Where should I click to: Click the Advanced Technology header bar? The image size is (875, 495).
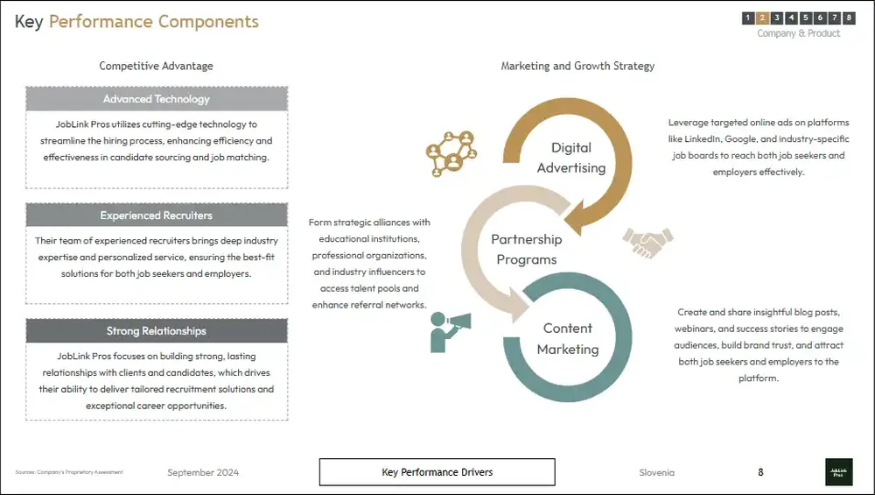[157, 99]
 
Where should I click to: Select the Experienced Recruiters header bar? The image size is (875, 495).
[157, 216]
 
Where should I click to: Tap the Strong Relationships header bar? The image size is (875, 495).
[157, 331]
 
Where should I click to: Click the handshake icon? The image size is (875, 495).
[647, 241]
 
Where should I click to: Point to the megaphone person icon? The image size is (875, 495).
[450, 330]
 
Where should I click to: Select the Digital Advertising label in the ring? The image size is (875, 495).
[571, 158]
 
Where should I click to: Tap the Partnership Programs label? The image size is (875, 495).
[527, 250]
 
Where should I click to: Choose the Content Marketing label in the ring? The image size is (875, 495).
[568, 339]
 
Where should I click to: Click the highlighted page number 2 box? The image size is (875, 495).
[762, 18]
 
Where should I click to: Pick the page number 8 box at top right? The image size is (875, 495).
[849, 18]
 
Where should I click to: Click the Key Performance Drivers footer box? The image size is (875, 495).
[437, 472]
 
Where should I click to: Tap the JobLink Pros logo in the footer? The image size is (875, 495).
[837, 472]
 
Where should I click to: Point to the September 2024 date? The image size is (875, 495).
[203, 473]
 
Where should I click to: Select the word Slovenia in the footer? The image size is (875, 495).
[657, 473]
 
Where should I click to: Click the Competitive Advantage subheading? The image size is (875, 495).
[156, 66]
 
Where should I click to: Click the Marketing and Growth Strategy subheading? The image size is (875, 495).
[577, 66]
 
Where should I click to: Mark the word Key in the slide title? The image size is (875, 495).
[29, 22]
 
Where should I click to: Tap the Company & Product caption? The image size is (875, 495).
[798, 33]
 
